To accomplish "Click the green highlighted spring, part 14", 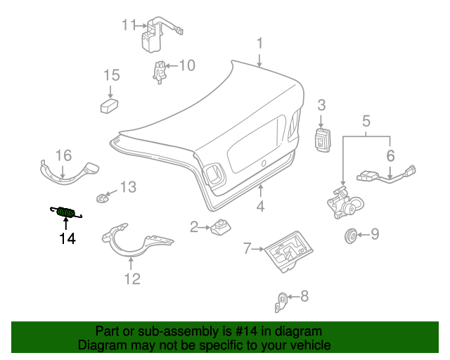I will [65, 211].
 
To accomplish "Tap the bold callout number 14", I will [67, 239].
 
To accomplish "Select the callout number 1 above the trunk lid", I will [259, 44].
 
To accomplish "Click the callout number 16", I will [63, 155].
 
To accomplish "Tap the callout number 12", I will [132, 279].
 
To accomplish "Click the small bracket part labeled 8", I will [281, 303].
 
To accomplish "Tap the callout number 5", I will [366, 122].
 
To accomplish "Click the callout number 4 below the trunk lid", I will [260, 207].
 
